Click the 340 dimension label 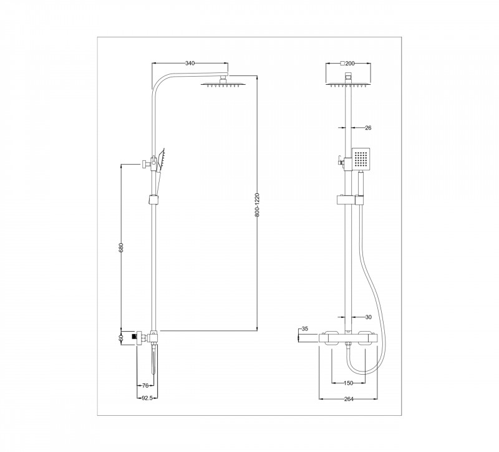pyautogui.click(x=190, y=63)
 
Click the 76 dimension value pyautogui.click(x=145, y=386)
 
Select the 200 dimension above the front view pyautogui.click(x=347, y=63)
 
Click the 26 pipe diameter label pyautogui.click(x=367, y=128)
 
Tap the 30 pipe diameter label pyautogui.click(x=367, y=317)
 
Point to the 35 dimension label pyautogui.click(x=304, y=329)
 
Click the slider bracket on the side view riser pyautogui.click(x=153, y=200)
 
